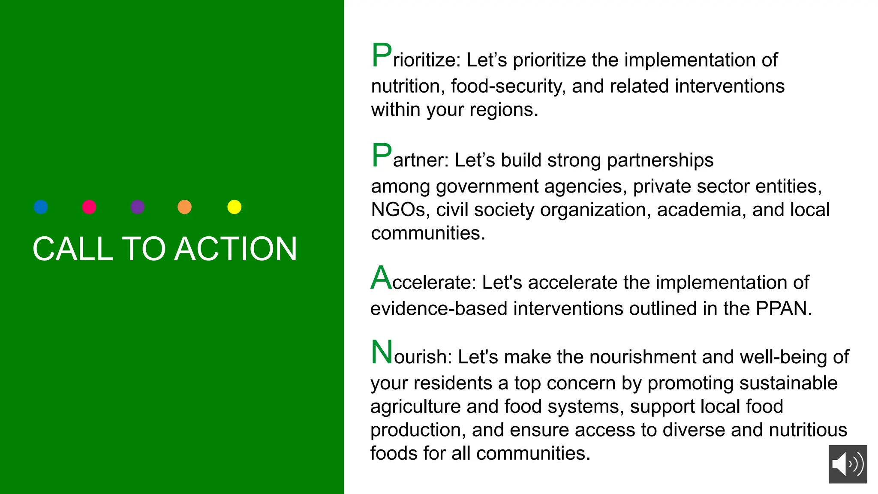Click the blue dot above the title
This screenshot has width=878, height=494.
click(41, 207)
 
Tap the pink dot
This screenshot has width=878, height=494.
click(89, 207)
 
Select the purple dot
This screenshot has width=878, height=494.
click(138, 207)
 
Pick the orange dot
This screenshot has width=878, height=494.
click(185, 207)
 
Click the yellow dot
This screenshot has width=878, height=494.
click(235, 207)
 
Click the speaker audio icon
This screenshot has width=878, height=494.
click(848, 464)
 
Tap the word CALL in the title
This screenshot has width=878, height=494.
click(73, 249)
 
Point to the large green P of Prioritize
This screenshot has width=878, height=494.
click(382, 55)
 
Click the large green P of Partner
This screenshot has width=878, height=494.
click(382, 155)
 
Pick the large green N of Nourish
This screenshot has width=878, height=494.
click(382, 352)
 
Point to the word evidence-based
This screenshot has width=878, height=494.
click(439, 309)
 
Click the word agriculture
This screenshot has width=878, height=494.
click(415, 407)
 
